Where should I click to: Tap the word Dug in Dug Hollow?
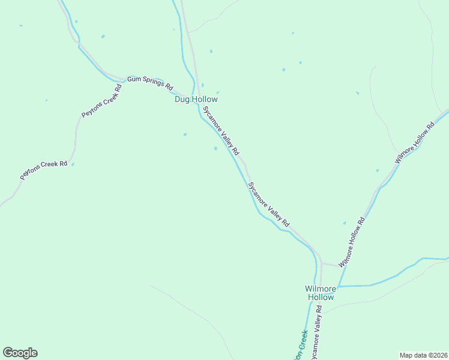pos(182,99)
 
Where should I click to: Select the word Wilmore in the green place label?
pos(319,289)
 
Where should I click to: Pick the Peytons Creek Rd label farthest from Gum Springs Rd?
pos(43,170)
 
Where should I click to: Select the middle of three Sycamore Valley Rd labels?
pos(268,204)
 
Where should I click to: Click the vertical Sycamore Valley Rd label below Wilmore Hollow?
pos(316,332)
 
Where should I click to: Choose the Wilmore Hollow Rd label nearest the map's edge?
pos(414,144)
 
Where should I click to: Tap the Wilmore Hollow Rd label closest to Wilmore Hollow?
pos(352,242)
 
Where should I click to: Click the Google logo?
pos(20,353)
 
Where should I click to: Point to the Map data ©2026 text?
pos(423,355)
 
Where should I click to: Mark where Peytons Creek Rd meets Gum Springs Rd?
pos(123,79)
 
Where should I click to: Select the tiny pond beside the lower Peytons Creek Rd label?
pos(73,164)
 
